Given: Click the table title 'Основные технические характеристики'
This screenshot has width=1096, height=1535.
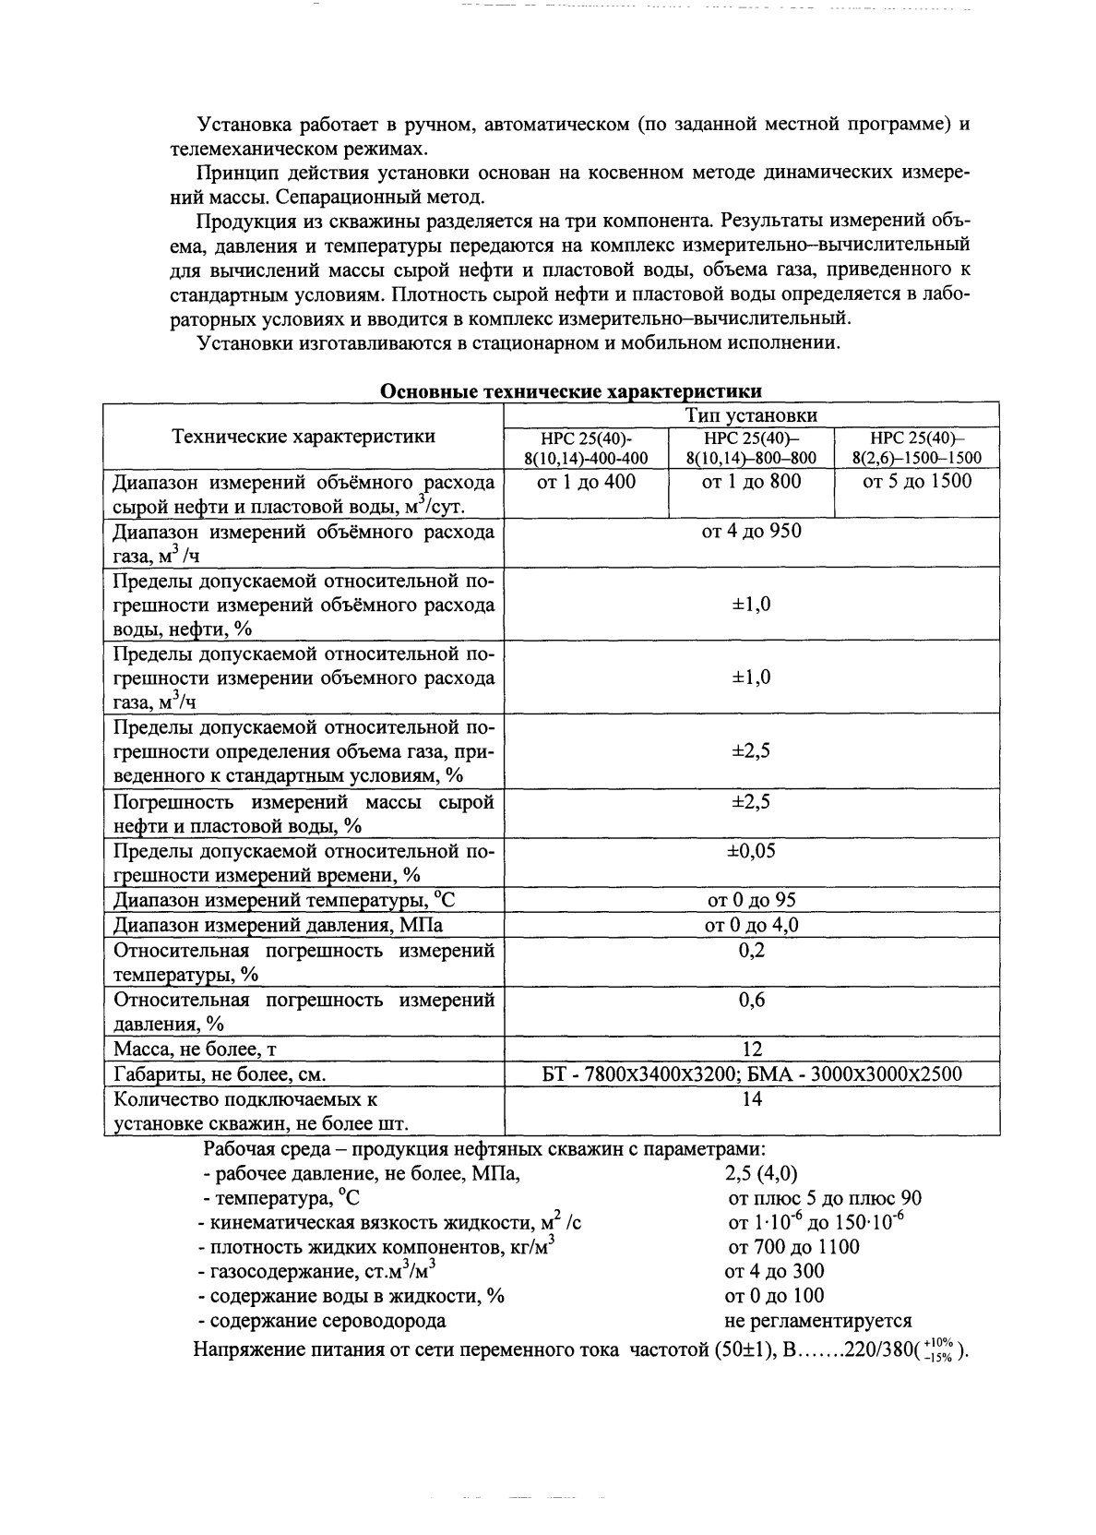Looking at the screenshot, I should pyautogui.click(x=571, y=391).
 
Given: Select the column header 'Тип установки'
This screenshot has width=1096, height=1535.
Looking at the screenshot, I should pyautogui.click(x=752, y=415).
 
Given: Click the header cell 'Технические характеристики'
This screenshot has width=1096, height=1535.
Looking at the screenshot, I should pyautogui.click(x=304, y=437).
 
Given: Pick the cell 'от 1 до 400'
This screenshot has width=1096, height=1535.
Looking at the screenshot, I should pyautogui.click(x=586, y=482).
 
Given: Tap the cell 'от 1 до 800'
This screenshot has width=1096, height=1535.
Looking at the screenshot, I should pyautogui.click(x=751, y=482).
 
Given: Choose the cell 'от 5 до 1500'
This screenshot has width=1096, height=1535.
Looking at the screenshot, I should pyautogui.click(x=917, y=482).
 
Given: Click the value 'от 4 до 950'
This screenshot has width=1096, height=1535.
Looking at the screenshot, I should pyautogui.click(x=752, y=532).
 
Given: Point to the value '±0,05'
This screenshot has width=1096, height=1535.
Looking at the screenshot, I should pyautogui.click(x=752, y=851).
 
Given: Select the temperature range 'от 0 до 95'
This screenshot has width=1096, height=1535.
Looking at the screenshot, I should pyautogui.click(x=752, y=900).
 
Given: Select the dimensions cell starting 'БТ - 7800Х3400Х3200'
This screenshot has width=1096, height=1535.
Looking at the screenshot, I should pyautogui.click(x=752, y=1074).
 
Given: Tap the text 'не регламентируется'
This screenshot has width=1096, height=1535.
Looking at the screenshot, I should pyautogui.click(x=818, y=1321).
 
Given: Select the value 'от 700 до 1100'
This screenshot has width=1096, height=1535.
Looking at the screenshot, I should pyautogui.click(x=793, y=1248).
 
